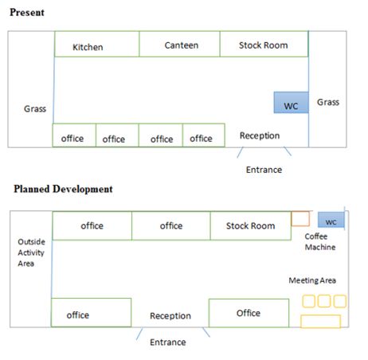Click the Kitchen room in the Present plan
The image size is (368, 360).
96,44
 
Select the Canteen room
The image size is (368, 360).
179,44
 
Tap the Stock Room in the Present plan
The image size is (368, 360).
264,44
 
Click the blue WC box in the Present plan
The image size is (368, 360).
291,103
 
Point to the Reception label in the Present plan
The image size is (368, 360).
260,135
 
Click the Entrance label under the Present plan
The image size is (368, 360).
264,170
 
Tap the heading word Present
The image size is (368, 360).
27,13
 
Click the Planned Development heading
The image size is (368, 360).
63,189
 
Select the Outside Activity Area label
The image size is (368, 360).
31,252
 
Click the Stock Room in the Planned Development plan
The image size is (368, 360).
251,225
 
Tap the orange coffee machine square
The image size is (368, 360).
300,219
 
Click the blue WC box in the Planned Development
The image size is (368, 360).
331,220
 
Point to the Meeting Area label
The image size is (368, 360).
312,280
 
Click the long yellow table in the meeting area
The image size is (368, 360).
320,321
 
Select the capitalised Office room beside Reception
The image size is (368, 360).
249,313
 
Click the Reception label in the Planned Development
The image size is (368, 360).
170,315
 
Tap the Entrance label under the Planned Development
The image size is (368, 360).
168,342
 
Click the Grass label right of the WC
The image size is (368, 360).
328,102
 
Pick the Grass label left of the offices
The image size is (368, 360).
35,109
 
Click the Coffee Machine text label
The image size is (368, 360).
320,242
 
